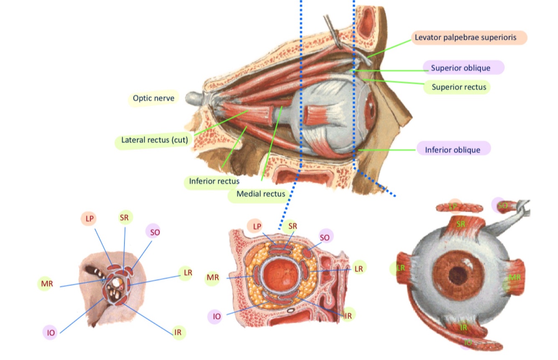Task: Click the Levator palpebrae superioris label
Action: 469,37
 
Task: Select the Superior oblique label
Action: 463,67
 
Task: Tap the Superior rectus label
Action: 458,87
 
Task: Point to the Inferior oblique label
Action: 453,149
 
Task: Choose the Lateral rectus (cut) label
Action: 154,140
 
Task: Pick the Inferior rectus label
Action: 213,181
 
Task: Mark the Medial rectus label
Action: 260,194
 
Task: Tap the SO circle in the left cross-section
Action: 154,232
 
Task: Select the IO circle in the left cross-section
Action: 51,333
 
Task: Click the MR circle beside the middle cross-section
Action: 212,278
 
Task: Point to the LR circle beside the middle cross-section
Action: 358,269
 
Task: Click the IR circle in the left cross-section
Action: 178,333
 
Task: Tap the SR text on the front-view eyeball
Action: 461,224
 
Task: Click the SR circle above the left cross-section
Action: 124,218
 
